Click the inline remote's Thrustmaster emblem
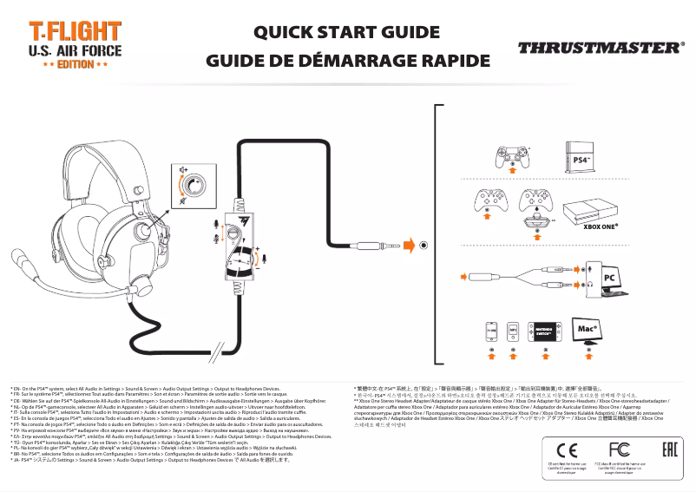pyautogui.click(x=235, y=217)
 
